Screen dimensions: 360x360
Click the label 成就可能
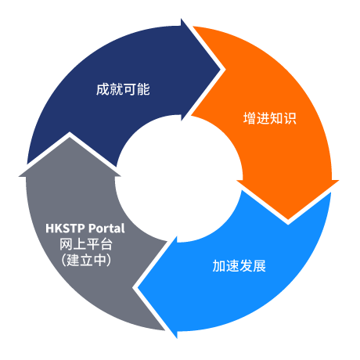[x=123, y=89]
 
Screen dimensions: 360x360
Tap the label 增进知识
[x=270, y=118]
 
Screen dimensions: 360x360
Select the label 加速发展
[x=239, y=266]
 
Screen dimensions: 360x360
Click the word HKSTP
[x=65, y=229]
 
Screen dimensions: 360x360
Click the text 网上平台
[x=86, y=244]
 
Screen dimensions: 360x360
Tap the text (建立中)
[x=86, y=260]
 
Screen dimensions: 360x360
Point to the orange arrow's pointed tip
[x=288, y=220]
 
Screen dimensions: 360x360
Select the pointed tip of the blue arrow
[x=138, y=288]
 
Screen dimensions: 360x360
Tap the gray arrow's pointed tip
[x=70, y=137]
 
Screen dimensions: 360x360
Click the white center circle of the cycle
[x=179, y=179]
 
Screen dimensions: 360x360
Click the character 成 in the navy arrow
[x=103, y=89]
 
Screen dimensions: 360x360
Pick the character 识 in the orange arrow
[x=290, y=118]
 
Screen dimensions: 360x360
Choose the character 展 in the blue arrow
[x=260, y=266]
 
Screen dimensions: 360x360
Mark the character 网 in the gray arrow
[x=66, y=244]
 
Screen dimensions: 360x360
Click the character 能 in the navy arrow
[x=143, y=89]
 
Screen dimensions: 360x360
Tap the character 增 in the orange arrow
[x=250, y=118]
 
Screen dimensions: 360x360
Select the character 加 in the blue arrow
[x=219, y=266]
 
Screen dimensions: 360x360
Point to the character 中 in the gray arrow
[x=100, y=260]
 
